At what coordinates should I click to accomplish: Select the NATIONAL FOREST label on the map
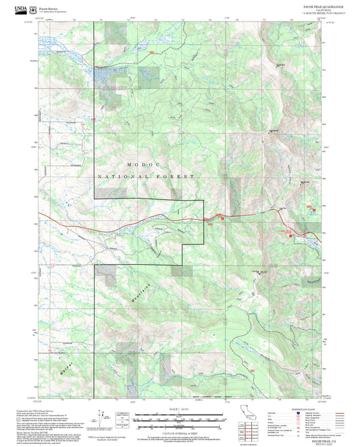[x=147, y=176]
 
